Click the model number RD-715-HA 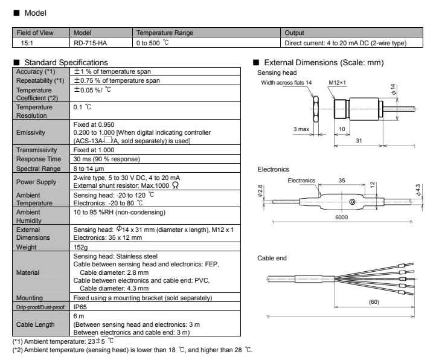(x=86, y=43)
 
